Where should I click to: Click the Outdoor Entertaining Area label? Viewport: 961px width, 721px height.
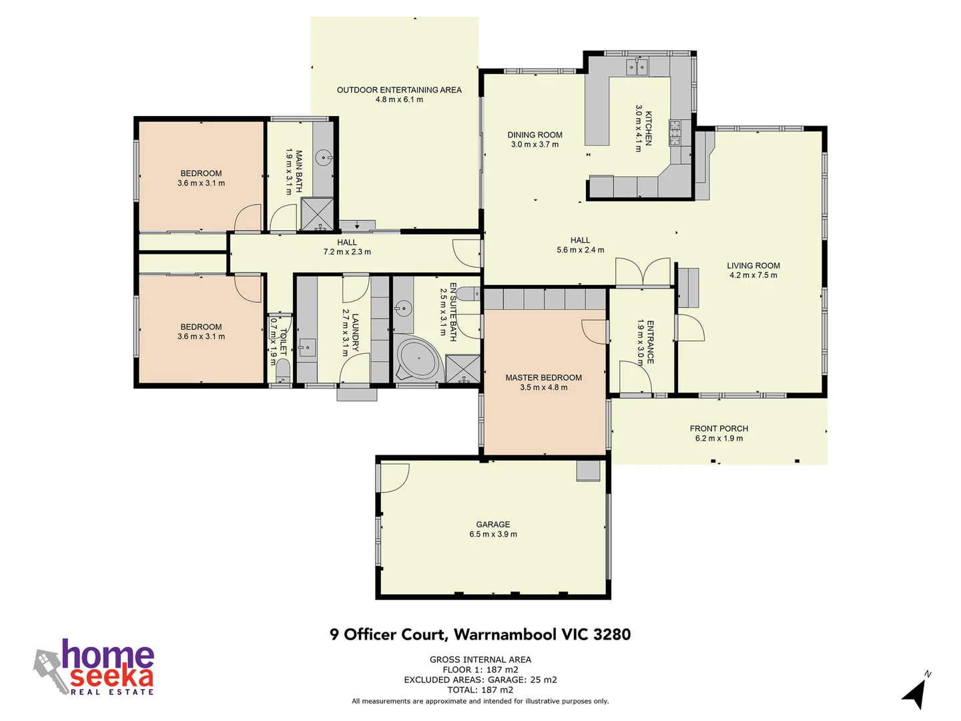click(399, 90)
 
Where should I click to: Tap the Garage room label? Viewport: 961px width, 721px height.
click(493, 525)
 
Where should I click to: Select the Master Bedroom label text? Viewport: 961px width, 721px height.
click(543, 378)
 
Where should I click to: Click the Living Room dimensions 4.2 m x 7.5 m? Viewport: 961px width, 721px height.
click(753, 275)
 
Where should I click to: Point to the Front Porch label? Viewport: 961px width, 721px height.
click(719, 429)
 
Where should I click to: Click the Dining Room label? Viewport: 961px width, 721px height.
click(535, 135)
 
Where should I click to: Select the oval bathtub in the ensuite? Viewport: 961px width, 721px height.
click(418, 360)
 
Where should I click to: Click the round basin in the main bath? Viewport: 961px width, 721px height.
click(324, 158)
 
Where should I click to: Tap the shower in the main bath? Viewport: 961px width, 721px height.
click(316, 214)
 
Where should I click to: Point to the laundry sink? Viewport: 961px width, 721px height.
click(307, 347)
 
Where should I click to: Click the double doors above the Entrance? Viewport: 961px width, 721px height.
click(642, 272)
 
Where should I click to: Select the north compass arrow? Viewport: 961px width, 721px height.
click(916, 692)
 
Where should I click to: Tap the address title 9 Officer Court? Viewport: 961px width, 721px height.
click(480, 634)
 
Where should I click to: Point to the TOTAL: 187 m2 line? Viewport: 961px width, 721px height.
click(480, 690)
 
